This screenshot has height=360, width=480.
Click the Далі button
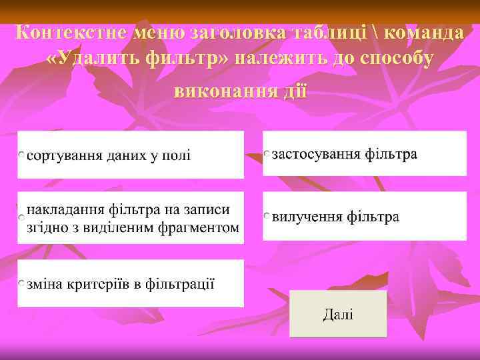click(x=338, y=314)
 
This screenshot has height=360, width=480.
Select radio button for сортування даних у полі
click(x=22, y=155)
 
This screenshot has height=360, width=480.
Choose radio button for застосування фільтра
click(x=267, y=154)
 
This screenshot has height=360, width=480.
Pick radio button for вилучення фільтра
click(x=267, y=217)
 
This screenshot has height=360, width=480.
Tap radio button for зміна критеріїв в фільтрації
click(x=22, y=285)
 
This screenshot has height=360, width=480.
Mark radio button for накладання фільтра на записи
click(x=22, y=218)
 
